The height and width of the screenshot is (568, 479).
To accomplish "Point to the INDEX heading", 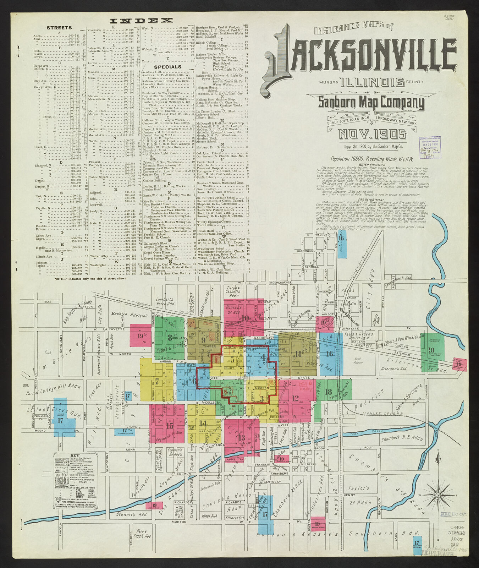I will click(141, 21).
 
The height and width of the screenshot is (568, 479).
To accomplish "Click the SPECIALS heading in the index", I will click(168, 67).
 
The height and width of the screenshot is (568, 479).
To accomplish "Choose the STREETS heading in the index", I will click(59, 28).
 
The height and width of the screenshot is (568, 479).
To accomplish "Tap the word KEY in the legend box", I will click(75, 455).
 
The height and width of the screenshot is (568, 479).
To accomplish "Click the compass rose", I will click(439, 495).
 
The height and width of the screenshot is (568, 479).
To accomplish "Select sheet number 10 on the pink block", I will click(245, 318).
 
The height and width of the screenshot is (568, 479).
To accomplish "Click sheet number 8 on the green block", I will click(170, 337).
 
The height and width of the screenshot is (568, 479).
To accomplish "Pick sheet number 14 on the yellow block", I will click(203, 423).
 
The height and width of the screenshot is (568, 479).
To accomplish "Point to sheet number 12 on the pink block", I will click(295, 398).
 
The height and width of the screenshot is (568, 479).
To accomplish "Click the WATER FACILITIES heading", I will click(372, 165).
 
